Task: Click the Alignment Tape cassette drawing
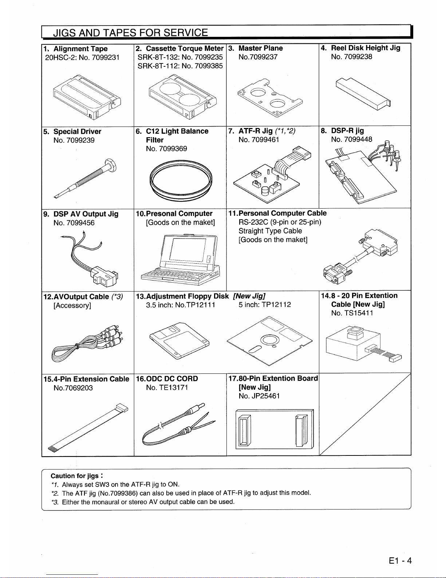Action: coord(87,97)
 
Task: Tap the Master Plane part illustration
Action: coord(270,98)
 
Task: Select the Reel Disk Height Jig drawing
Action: coord(363,93)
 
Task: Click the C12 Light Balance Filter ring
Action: coord(181,181)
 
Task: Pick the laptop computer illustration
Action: coord(181,260)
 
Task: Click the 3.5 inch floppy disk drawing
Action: coord(179,341)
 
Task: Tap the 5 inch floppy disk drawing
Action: coord(269,341)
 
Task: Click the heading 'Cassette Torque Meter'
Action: coord(185,49)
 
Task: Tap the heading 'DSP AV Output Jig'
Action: coord(86,214)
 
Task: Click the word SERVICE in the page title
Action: coord(186,33)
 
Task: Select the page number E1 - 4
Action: coord(400,561)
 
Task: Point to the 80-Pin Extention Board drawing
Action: coord(275,429)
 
